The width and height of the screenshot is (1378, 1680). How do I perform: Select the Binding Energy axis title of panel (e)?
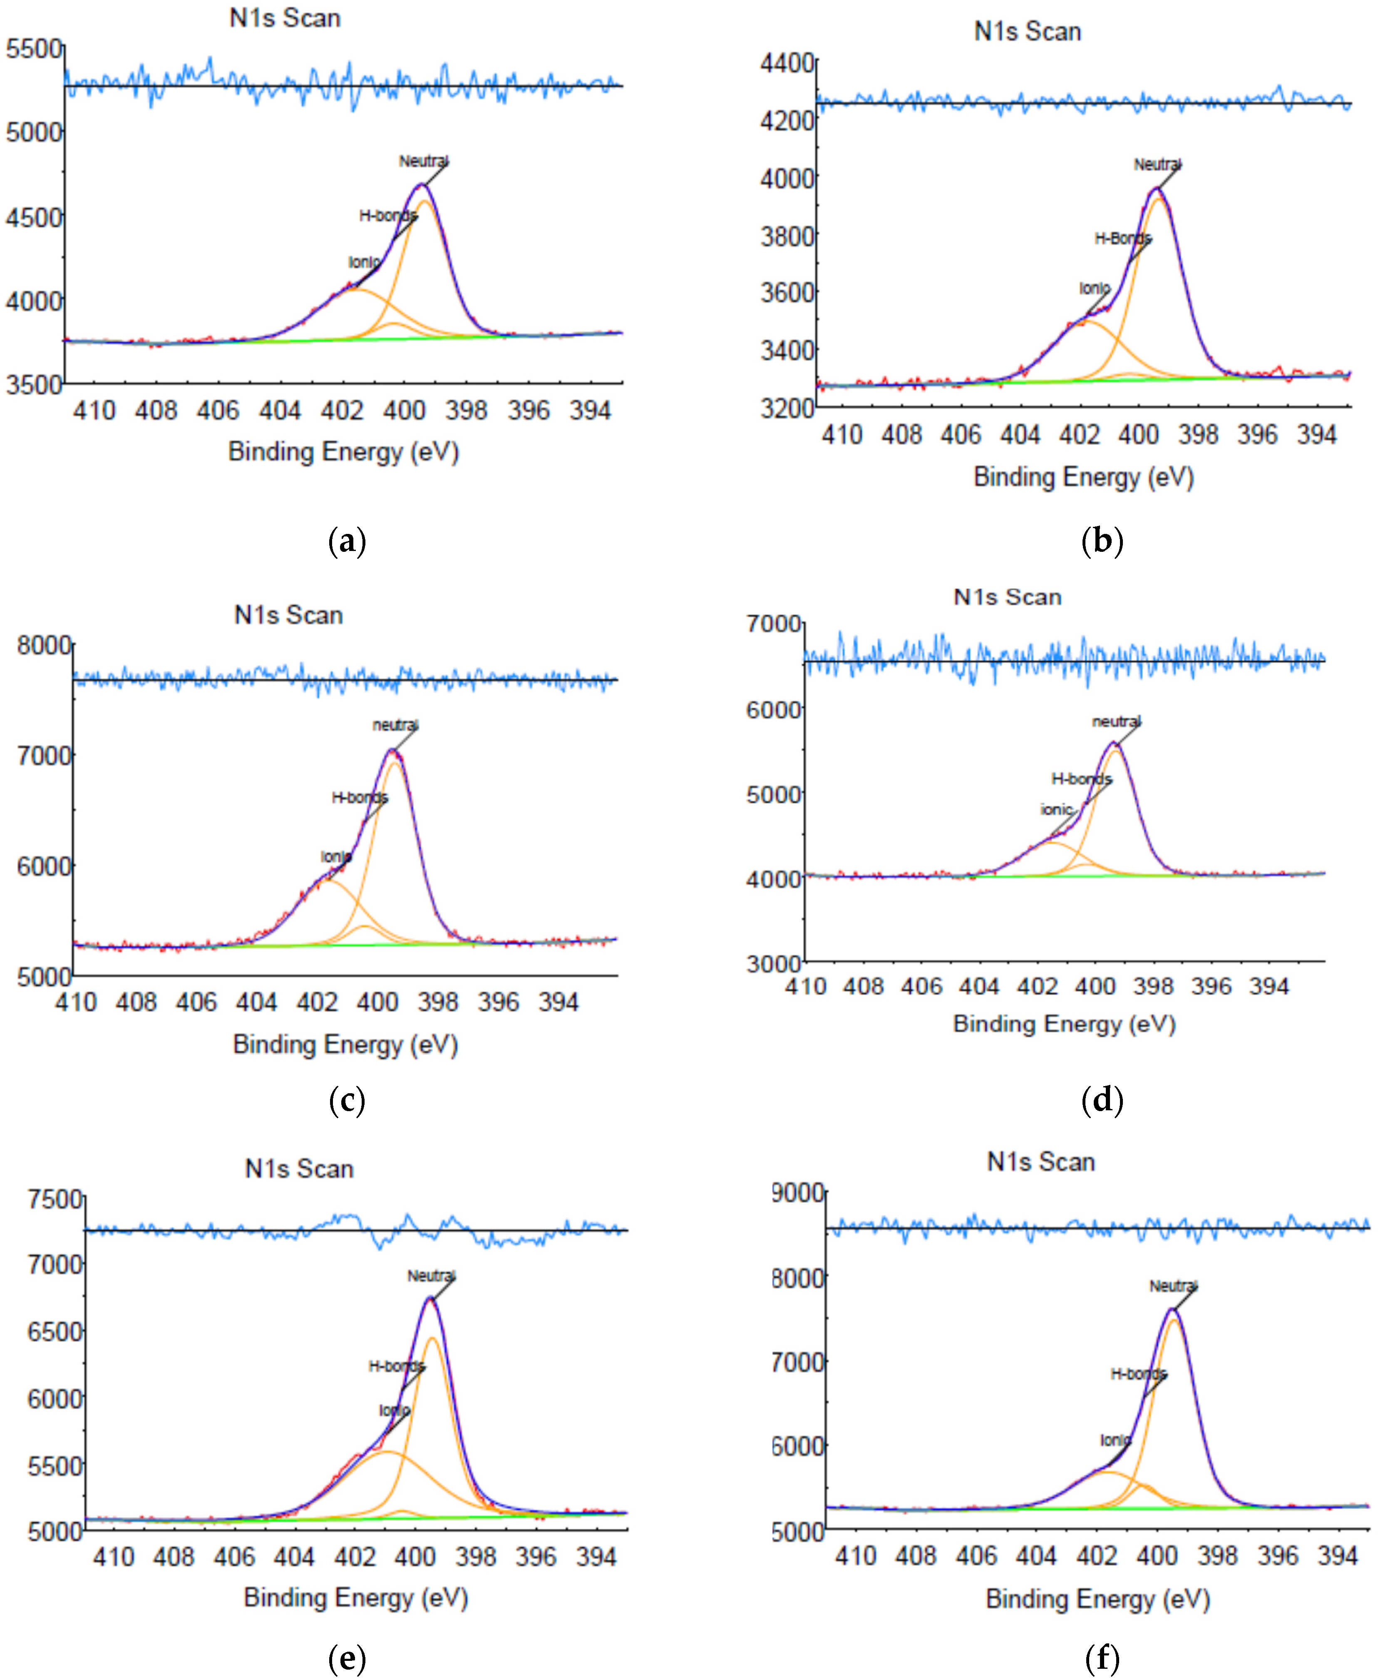click(355, 1597)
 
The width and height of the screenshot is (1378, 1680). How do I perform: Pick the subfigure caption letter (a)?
click(347, 541)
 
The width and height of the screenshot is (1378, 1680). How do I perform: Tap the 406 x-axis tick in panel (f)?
click(976, 1556)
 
